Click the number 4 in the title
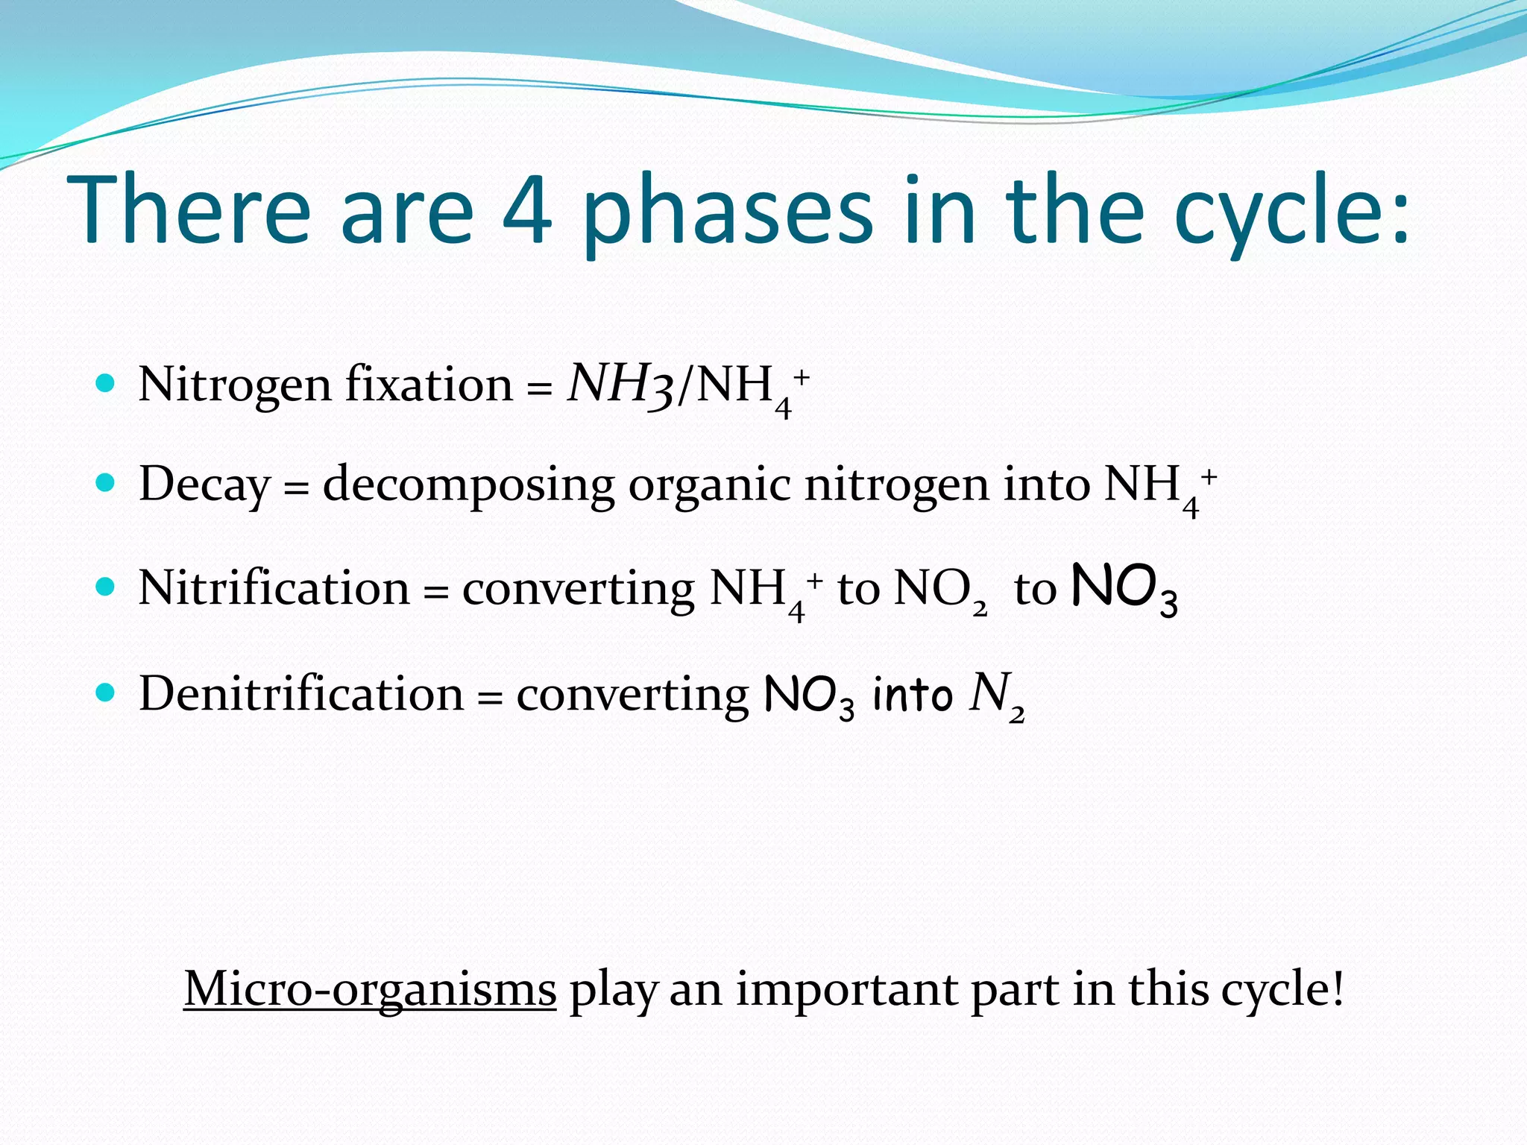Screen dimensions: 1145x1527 click(527, 211)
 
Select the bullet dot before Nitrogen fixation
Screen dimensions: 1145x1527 click(106, 384)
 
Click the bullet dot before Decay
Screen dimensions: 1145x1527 click(106, 483)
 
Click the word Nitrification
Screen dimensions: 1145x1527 click(274, 588)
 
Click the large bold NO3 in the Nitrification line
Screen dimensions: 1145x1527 click(1124, 589)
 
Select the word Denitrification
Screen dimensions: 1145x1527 click(301, 694)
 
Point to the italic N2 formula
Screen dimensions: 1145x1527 click(996, 695)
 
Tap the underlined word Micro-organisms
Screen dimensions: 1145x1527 click(370, 990)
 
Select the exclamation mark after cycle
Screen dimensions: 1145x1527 click(1338, 988)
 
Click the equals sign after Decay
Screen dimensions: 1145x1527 click(296, 488)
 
